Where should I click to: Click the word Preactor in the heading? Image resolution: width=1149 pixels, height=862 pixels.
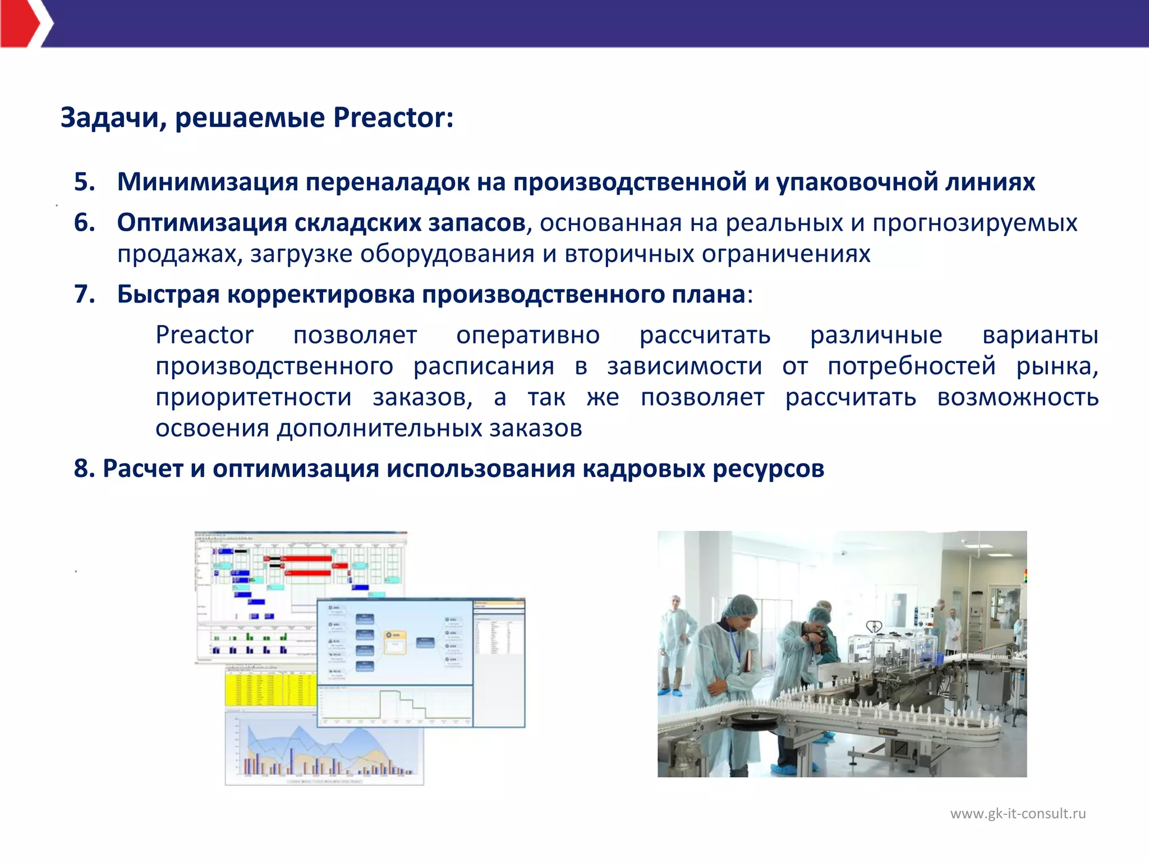click(x=393, y=118)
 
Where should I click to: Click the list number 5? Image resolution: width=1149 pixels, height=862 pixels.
click(x=85, y=182)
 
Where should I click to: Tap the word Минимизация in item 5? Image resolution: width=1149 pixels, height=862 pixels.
click(x=207, y=182)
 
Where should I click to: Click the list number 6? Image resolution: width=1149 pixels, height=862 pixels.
click(x=85, y=223)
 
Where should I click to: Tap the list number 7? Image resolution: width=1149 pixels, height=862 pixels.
click(x=85, y=294)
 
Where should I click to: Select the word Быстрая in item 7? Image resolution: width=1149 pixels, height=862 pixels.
click(x=168, y=294)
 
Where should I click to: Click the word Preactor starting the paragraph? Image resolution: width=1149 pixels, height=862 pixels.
click(x=204, y=335)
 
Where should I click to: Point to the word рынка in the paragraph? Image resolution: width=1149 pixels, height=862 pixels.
click(x=1056, y=366)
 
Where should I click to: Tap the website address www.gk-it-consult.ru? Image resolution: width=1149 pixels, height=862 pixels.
click(x=1018, y=813)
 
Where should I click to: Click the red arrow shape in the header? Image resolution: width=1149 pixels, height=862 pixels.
click(x=20, y=24)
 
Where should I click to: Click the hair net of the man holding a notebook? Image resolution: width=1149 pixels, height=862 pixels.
click(x=737, y=606)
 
